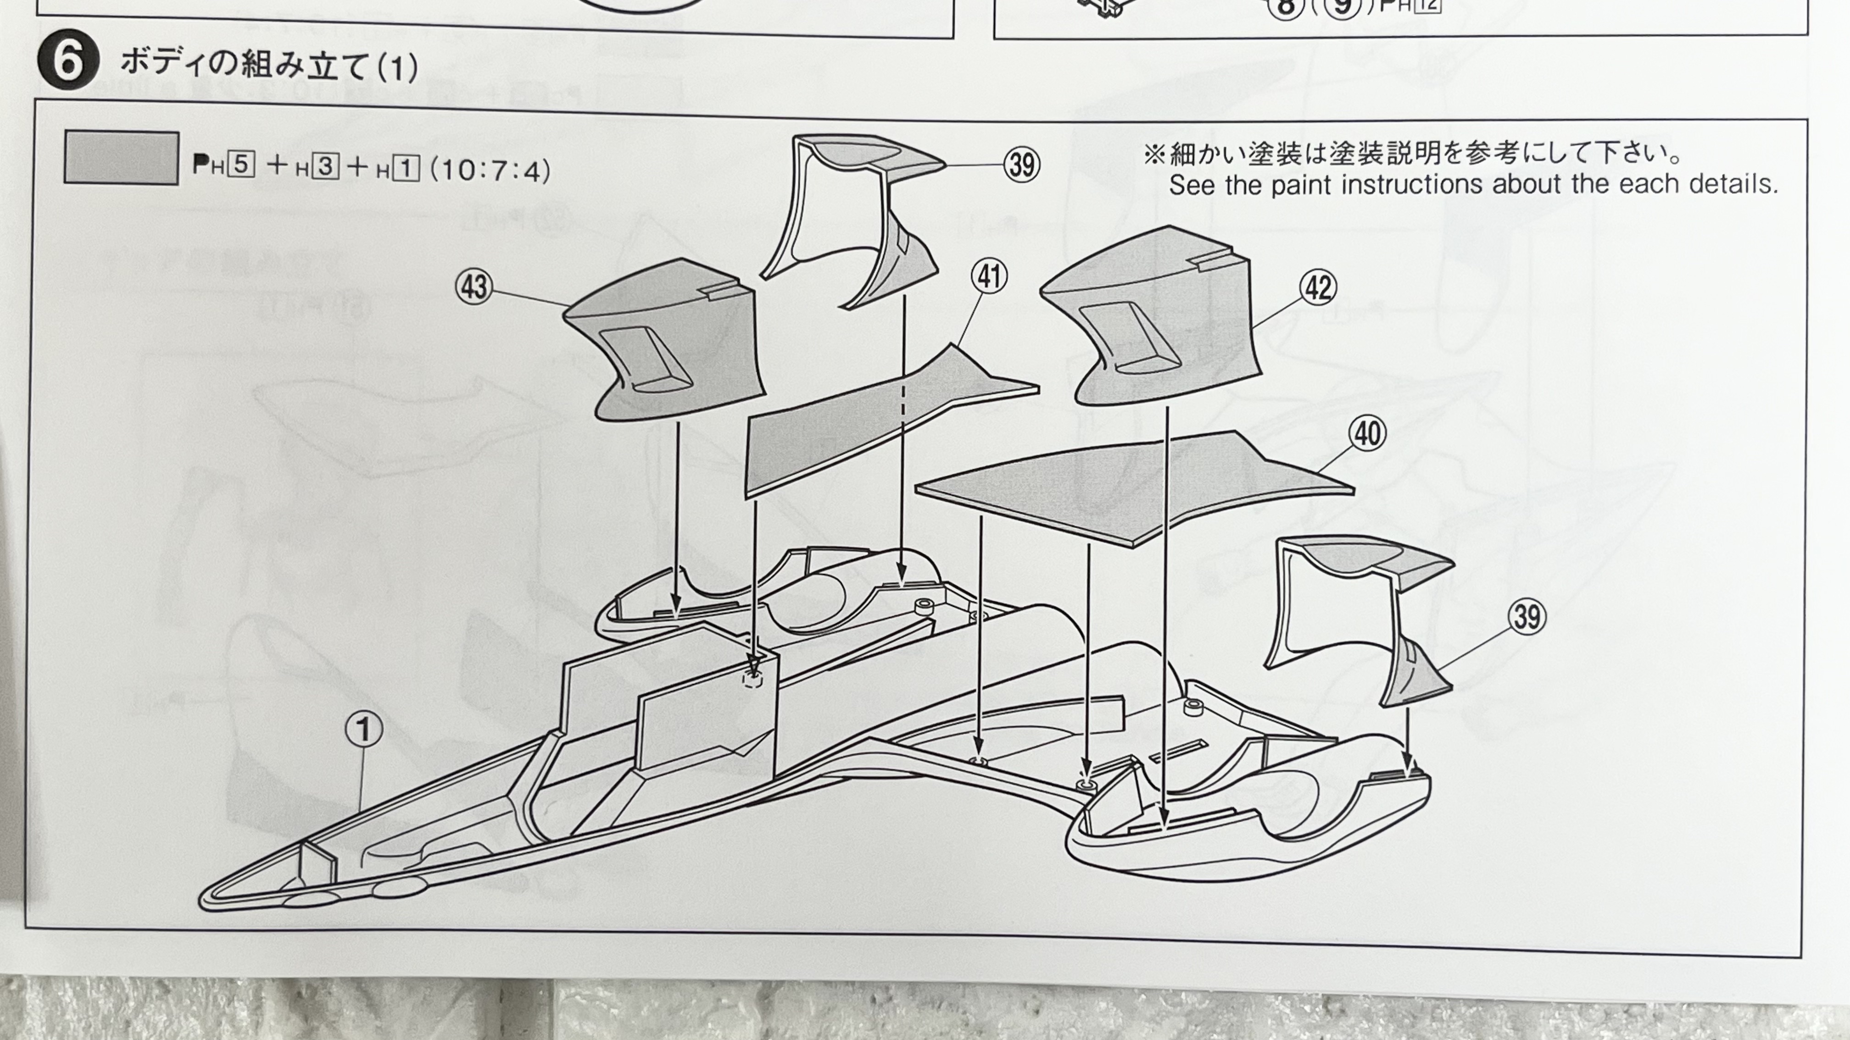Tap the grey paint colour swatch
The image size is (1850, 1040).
[121, 158]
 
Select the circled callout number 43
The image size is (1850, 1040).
[474, 287]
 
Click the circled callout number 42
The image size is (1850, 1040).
[1318, 288]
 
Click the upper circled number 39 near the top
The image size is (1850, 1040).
[1021, 165]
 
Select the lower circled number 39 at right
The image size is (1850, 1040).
[1526, 617]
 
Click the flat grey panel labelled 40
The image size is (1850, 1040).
[1135, 488]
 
